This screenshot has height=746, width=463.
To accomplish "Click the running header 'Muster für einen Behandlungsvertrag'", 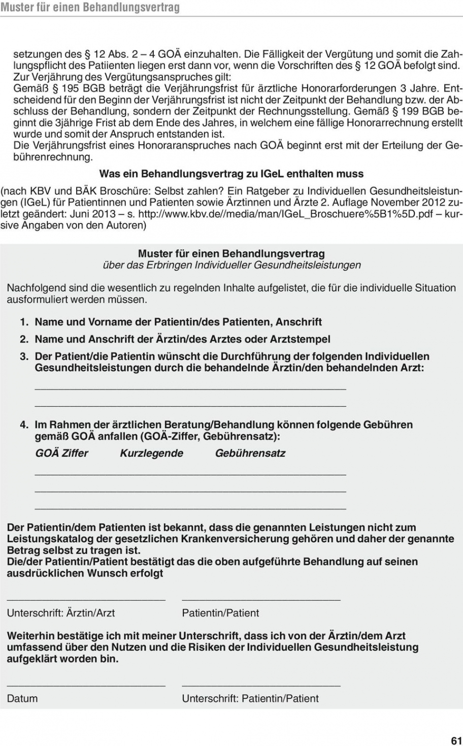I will (x=90, y=8).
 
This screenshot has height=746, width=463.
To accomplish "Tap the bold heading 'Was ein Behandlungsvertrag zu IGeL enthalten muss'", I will (x=231, y=174).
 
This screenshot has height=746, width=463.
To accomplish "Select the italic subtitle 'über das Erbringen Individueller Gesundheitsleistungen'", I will (x=231, y=265).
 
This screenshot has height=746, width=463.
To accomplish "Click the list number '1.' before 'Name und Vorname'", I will (x=24, y=322).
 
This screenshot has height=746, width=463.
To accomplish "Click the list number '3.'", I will (x=24, y=356).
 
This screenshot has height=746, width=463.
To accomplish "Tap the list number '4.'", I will (x=24, y=425).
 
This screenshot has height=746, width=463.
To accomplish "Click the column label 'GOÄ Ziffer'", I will (x=61, y=453).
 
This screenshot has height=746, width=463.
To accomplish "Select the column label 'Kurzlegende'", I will (x=151, y=453).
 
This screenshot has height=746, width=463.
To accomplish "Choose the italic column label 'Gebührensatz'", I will (x=250, y=453).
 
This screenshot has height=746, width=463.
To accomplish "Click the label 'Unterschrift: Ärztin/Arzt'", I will (x=61, y=613).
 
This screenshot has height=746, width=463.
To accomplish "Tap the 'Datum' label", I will (x=22, y=698).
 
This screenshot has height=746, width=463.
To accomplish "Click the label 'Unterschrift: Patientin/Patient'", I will (x=250, y=698).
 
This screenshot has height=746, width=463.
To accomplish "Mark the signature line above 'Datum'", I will (x=86, y=686).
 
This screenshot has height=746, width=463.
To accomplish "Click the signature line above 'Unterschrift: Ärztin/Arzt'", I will (x=86, y=601).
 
